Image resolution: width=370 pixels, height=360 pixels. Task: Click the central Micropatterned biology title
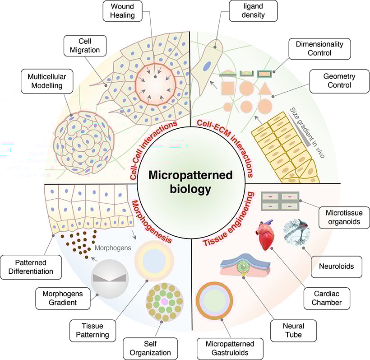[185, 182]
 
